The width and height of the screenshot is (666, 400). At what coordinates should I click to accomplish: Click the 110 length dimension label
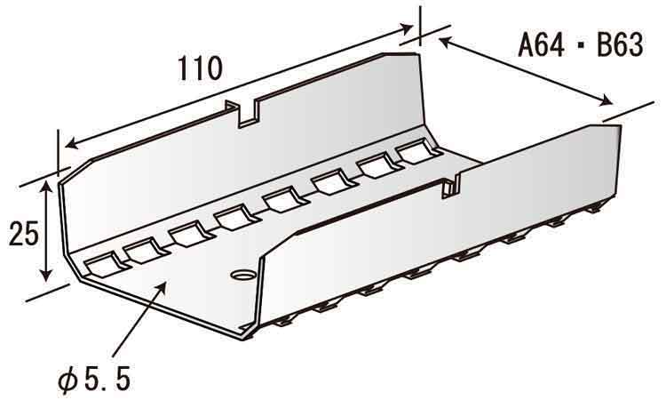200,68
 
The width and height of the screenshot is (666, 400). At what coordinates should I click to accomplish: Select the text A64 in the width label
541,44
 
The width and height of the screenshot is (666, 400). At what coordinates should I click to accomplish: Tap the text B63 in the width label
620,44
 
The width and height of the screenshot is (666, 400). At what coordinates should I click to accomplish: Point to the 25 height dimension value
24,233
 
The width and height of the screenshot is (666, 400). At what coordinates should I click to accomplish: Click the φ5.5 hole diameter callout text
94,379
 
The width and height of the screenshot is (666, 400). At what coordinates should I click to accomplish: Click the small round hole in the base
243,275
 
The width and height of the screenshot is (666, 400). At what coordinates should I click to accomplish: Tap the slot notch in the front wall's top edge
450,186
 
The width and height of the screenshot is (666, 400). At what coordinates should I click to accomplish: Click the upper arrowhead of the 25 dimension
46,186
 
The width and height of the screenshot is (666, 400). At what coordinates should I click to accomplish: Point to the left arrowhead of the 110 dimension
72,144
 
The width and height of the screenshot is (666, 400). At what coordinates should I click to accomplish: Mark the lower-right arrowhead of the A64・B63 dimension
606,101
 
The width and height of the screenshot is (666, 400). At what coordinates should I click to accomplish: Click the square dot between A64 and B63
581,45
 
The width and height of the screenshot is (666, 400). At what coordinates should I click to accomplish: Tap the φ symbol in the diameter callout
68,380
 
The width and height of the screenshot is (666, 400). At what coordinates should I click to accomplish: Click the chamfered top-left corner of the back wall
75,171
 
